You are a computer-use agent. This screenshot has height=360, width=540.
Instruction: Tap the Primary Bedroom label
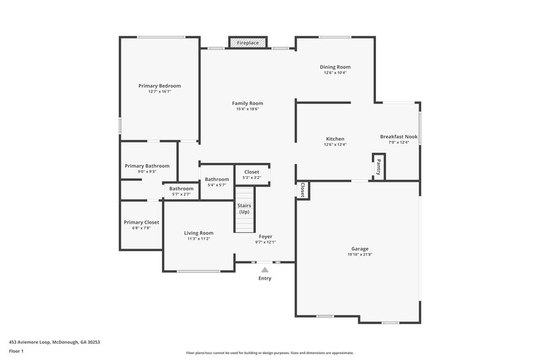(x=159, y=86)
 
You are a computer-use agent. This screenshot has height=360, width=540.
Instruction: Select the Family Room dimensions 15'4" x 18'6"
(x=247, y=109)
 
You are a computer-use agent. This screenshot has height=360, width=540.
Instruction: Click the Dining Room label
(x=335, y=67)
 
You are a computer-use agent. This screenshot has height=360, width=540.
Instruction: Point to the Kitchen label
(x=335, y=138)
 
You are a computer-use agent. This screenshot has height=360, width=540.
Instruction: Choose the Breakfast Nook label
(x=398, y=136)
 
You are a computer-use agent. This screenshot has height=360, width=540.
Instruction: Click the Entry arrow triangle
(x=265, y=269)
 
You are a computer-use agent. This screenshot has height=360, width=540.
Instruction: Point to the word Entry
(x=265, y=278)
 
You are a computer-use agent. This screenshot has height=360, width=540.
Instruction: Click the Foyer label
(x=265, y=236)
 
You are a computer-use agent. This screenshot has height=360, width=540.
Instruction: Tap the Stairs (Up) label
(x=244, y=209)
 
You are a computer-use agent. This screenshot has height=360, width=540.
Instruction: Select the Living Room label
(x=198, y=233)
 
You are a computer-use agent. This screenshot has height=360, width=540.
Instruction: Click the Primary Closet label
(x=141, y=222)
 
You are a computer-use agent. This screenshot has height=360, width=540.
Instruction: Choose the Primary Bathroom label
(x=146, y=165)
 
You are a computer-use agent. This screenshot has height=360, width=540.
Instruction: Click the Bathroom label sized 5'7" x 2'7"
(x=181, y=188)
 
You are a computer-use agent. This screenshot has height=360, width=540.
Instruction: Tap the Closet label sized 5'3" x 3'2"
(x=251, y=172)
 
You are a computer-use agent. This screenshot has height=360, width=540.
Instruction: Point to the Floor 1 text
(x=16, y=351)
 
